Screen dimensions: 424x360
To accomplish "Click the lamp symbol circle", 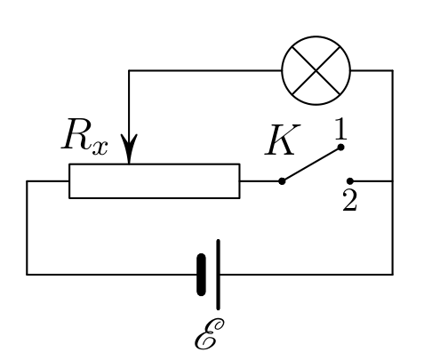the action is (x=316, y=36).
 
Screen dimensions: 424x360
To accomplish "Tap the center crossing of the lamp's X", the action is (x=316, y=71).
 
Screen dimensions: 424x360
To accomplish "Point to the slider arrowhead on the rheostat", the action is (x=129, y=148).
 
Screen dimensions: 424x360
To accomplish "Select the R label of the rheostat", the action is (x=76, y=135).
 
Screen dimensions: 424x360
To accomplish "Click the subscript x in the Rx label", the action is (x=100, y=148).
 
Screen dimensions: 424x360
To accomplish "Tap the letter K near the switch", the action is (x=282, y=140).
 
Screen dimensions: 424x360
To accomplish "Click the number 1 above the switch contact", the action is (x=340, y=129).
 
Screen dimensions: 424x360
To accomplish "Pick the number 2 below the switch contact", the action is (x=350, y=201).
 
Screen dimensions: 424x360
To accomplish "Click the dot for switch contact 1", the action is (x=340, y=147).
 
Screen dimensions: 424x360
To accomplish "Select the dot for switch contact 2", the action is (x=350, y=180).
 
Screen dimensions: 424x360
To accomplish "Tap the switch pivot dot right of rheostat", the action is (x=282, y=181).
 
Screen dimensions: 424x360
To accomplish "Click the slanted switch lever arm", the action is (x=311, y=164).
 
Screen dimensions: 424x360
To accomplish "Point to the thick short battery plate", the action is (x=201, y=275).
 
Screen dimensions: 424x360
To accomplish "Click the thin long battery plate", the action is (x=218, y=275).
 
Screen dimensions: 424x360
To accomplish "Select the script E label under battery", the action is (x=209, y=334).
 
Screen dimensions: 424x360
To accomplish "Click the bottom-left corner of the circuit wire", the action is (x=27, y=275).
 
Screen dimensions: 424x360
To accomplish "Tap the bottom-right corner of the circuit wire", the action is (x=393, y=275).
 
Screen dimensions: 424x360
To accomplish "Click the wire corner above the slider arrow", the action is (x=129, y=70).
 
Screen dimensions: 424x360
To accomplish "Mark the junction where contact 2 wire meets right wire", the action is (x=393, y=180).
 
